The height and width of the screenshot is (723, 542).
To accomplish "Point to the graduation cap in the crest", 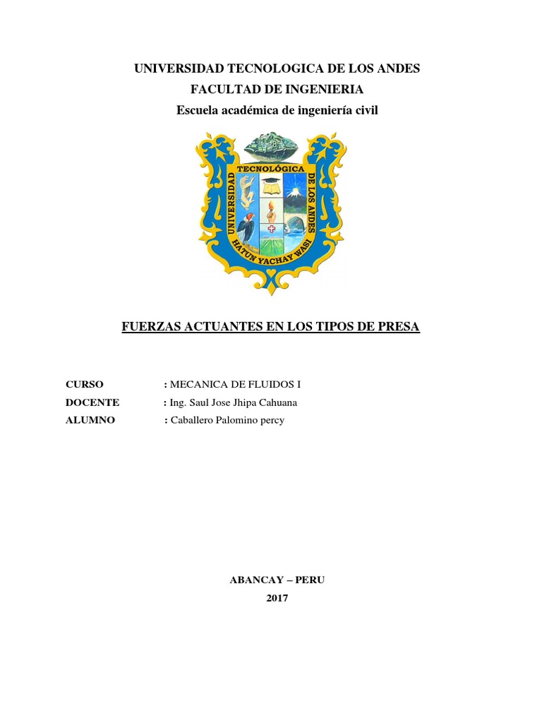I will (272, 183).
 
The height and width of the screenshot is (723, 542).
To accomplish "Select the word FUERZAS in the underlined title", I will (150, 328).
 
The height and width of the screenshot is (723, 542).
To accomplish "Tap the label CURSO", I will (85, 385).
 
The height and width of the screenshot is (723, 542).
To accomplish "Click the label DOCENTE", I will (92, 402).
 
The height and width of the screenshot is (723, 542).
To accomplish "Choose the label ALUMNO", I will (90, 421).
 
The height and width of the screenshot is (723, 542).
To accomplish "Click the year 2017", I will (277, 598).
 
